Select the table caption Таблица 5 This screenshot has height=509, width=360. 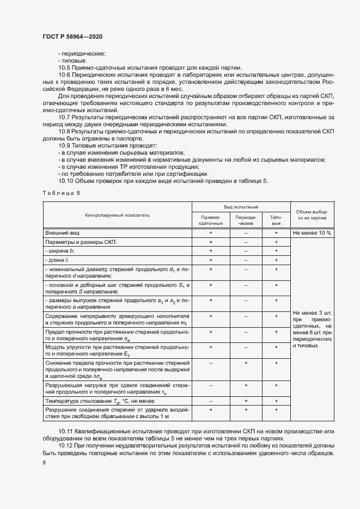click(61, 193)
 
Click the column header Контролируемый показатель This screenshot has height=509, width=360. click(117, 215)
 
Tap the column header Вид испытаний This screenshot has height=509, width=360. click(241, 207)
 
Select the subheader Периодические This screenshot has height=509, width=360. click(246, 220)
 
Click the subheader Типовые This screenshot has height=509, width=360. click(276, 220)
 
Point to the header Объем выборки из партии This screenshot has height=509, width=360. click(311, 214)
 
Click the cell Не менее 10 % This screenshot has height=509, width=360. click(312, 232)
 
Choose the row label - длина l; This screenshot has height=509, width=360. click(58, 260)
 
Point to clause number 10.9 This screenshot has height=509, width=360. click(64, 146)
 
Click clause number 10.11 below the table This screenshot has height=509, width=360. click(66, 431)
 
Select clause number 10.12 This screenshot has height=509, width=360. click(66, 446)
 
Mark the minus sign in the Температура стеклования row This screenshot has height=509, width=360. click(211, 401)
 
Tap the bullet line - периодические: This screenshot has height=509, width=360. click(82, 53)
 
